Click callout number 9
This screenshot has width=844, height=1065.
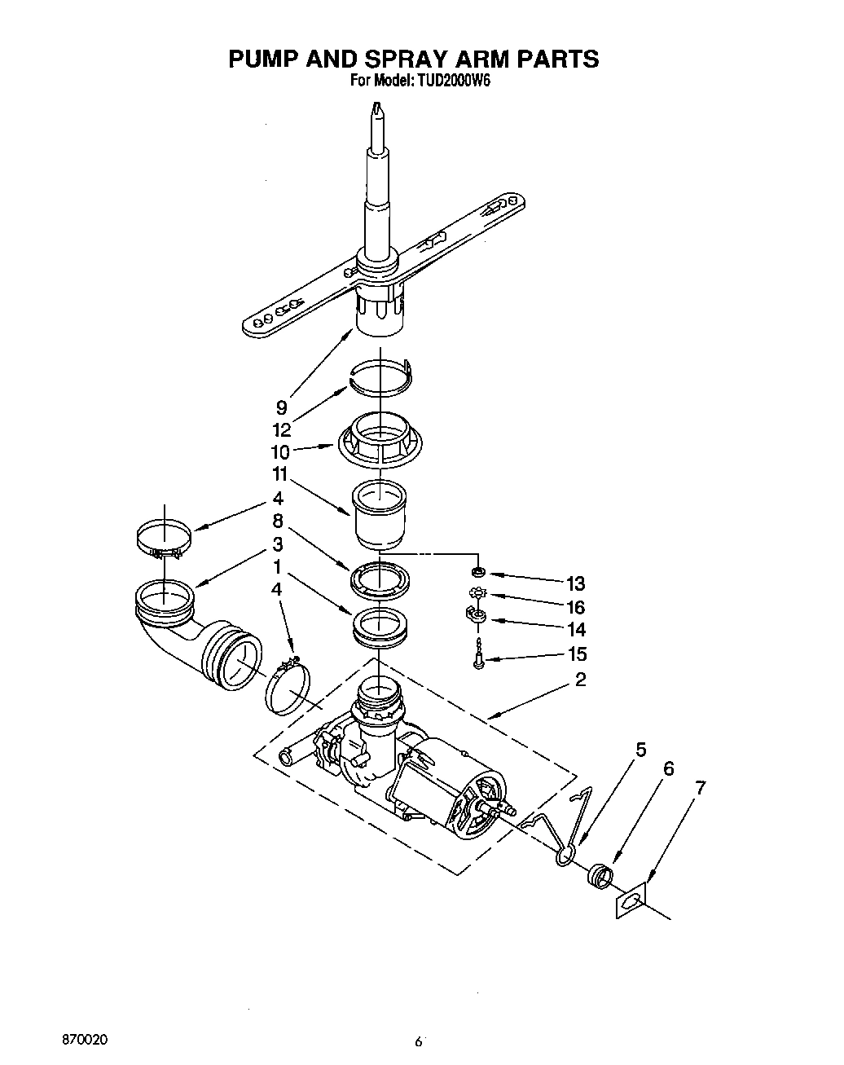(x=281, y=407)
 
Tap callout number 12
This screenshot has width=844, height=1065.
(x=281, y=430)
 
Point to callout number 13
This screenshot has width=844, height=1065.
(x=575, y=583)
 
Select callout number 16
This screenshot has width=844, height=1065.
(x=575, y=607)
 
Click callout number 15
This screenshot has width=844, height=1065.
(x=575, y=654)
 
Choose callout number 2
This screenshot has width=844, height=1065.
(x=580, y=679)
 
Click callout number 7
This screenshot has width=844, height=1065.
(x=700, y=788)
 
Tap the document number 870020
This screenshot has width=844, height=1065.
(x=85, y=1041)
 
